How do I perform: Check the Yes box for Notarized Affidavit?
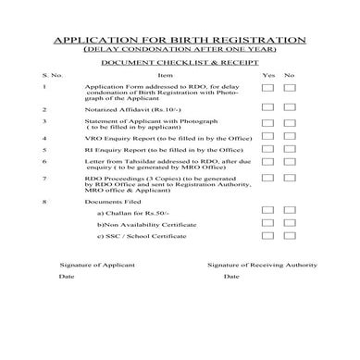click(x=267, y=107)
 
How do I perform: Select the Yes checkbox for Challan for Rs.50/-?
click(x=267, y=212)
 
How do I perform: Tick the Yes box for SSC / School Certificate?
click(x=267, y=236)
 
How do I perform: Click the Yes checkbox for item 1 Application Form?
click(x=267, y=86)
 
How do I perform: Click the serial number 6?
click(x=45, y=161)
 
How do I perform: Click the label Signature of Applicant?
click(x=93, y=264)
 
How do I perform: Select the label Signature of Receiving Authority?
click(x=263, y=264)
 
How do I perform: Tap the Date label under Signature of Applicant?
click(x=67, y=276)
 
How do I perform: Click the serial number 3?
click(x=45, y=119)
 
